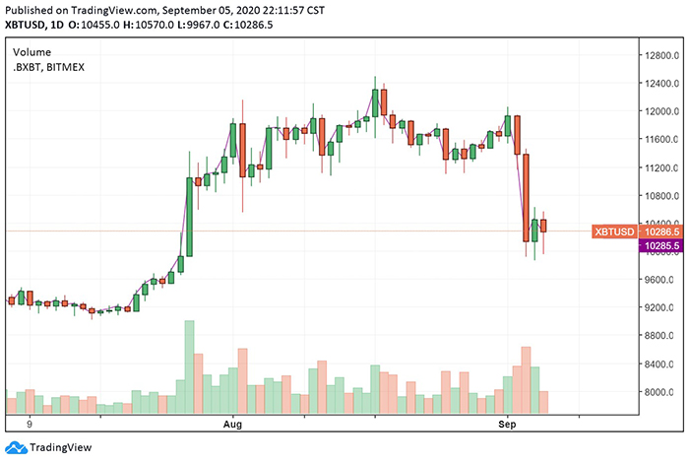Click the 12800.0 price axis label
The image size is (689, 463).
(660, 55)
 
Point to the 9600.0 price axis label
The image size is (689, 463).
(659, 280)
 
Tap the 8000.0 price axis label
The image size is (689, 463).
(659, 392)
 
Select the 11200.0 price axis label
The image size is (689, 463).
(660, 167)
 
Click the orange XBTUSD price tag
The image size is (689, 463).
(613, 231)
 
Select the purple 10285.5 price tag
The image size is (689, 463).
(660, 244)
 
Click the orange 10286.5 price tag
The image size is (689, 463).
(660, 231)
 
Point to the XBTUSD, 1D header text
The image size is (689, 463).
(42, 25)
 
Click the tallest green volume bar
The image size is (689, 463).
(189, 365)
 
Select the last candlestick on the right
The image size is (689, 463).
(544, 226)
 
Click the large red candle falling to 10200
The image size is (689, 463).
(527, 197)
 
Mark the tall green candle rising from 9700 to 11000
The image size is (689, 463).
(189, 215)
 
